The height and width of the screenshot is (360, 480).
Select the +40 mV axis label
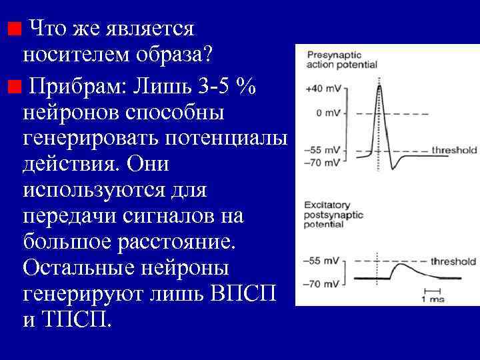[321, 89]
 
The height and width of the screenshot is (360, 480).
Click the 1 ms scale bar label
[433, 298]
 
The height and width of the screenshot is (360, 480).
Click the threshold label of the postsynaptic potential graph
[453, 261]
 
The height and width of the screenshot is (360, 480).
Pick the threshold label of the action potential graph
[454, 151]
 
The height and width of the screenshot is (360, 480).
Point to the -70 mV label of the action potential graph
[323, 162]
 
